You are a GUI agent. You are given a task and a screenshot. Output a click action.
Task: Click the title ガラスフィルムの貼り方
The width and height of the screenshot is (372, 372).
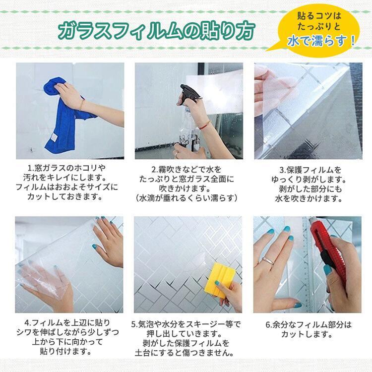158,31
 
